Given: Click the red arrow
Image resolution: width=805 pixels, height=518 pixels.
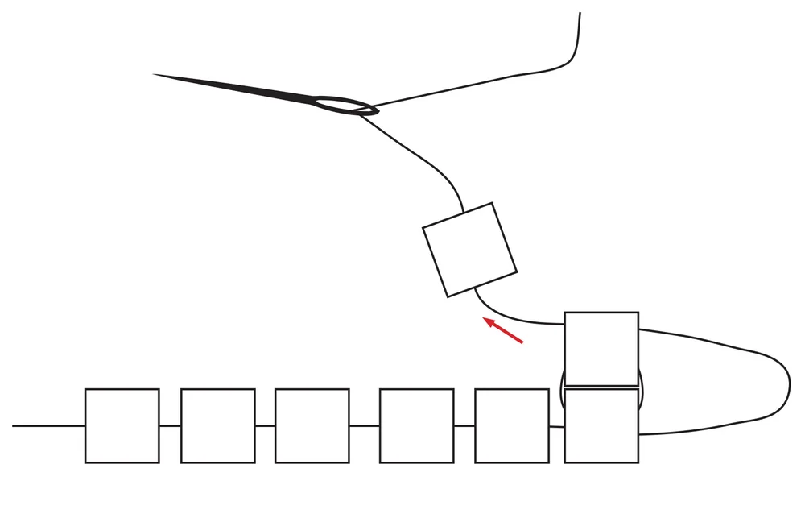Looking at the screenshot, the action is coord(504,331).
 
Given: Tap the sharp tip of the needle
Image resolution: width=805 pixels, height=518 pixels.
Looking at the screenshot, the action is coord(155,75).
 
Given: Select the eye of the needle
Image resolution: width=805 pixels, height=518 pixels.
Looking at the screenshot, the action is coord(341,104).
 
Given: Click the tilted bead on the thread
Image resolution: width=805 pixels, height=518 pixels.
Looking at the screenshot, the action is coord(469,249).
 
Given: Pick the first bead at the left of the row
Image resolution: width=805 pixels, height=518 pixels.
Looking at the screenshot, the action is coord(122,425).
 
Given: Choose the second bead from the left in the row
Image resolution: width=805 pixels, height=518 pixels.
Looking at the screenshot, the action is coord(217,425).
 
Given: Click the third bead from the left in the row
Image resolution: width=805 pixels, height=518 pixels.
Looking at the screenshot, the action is coord(312,425).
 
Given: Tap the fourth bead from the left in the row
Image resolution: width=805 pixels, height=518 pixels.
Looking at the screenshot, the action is coord(416,425).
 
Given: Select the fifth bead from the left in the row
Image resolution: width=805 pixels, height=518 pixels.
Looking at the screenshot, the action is coord(512,425).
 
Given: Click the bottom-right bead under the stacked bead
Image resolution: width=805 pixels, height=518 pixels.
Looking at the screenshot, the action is coord(601,425).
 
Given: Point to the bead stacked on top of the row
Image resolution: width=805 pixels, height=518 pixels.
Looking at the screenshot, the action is coord(601,349).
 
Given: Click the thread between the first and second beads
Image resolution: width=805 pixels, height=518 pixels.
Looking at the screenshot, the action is coord(170,425).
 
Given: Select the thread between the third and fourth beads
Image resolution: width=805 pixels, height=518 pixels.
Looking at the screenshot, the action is coord(364,425).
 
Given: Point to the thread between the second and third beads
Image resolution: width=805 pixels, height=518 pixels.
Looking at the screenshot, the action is coord(265,425).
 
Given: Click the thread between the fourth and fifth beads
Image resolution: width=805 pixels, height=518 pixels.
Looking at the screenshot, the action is coord(464,425).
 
